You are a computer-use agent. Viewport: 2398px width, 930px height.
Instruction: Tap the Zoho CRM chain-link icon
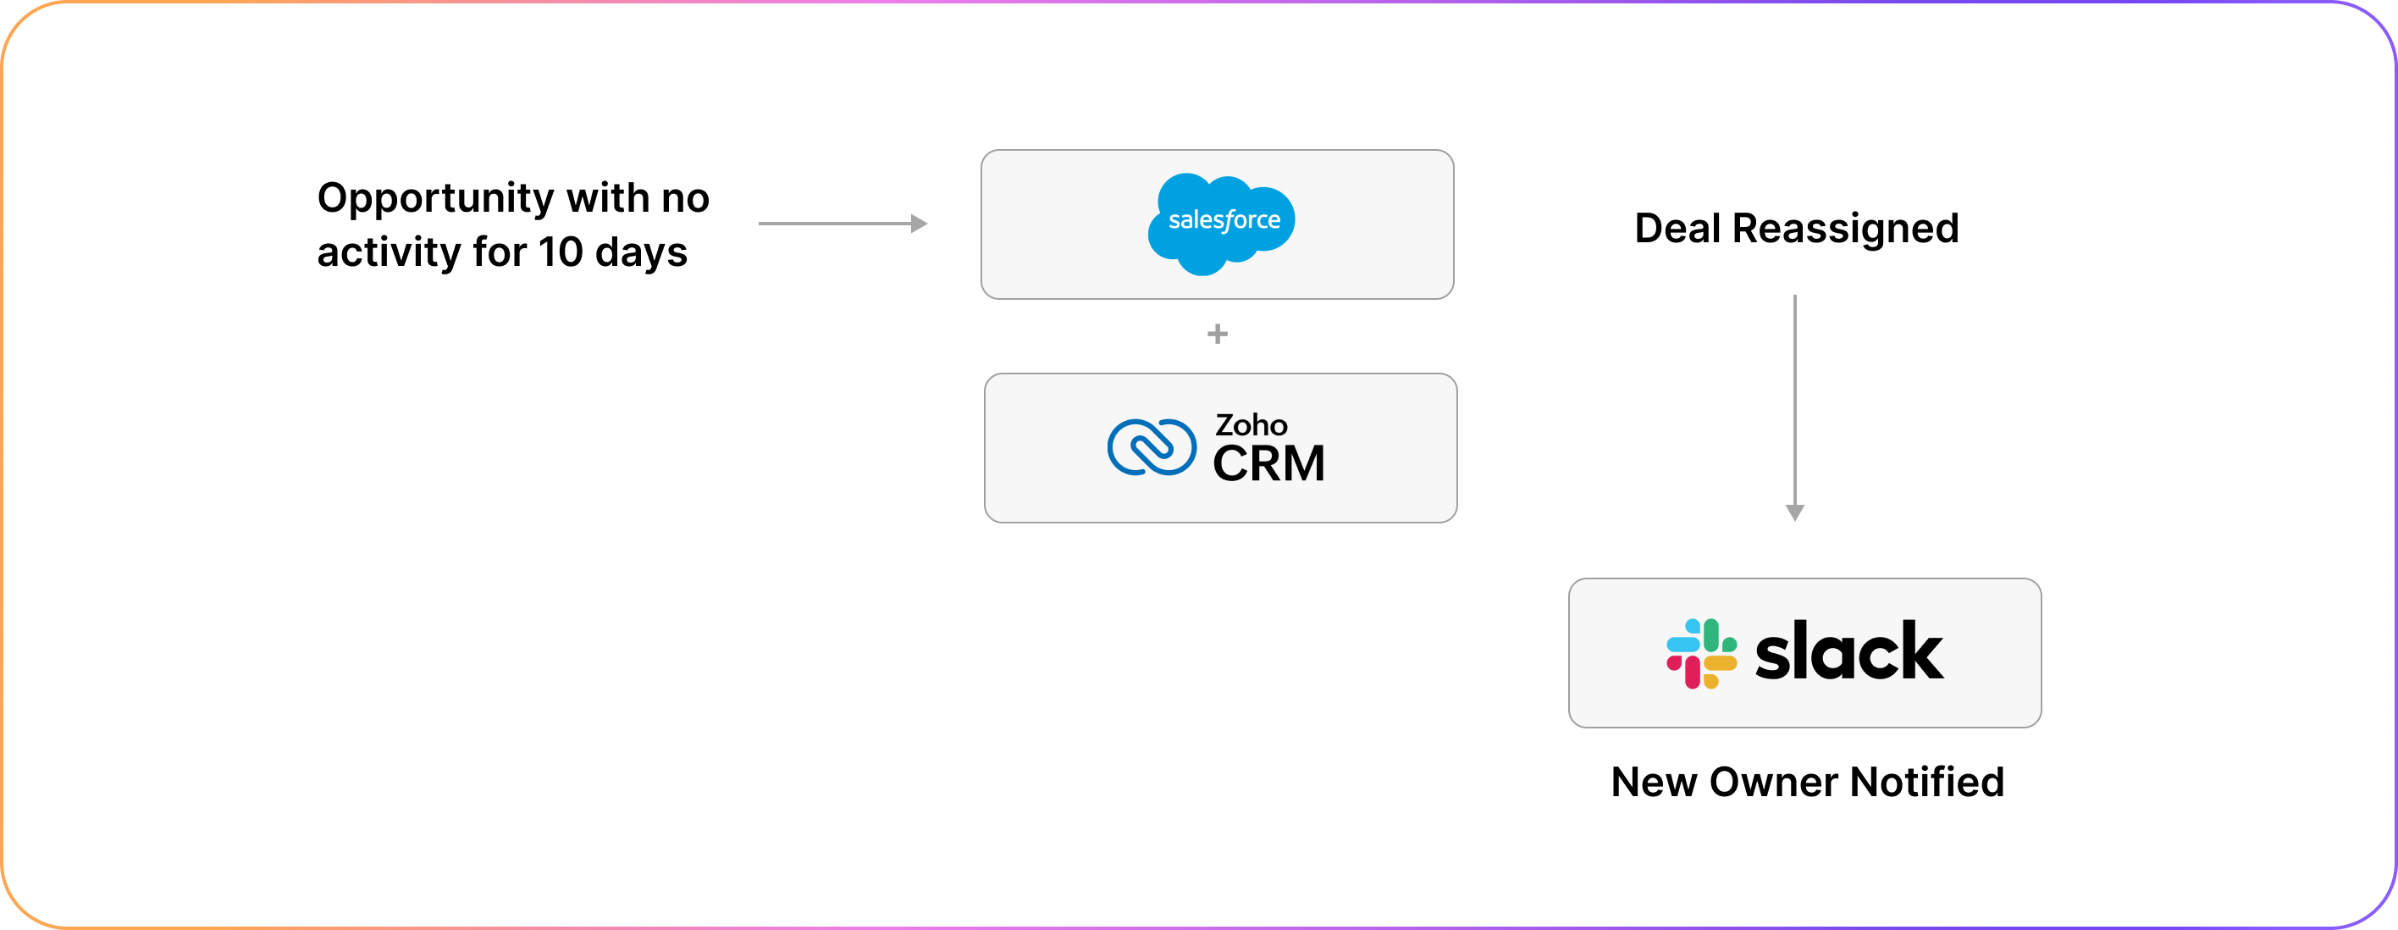[x=1152, y=447]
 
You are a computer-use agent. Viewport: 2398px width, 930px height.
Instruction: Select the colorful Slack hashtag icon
[x=1701, y=654]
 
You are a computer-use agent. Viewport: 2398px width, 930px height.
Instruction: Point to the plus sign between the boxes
[x=1217, y=333]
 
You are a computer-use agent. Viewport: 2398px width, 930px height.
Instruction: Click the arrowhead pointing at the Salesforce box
[x=919, y=224]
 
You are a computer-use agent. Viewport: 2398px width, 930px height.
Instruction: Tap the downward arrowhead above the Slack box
[x=1795, y=512]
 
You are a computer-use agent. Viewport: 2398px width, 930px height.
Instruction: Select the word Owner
[x=1773, y=782]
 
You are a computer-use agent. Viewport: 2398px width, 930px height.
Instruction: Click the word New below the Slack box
[x=1655, y=782]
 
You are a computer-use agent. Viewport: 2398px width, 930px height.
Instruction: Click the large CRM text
[x=1268, y=463]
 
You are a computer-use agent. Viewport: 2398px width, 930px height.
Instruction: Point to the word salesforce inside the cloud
[x=1224, y=220]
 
